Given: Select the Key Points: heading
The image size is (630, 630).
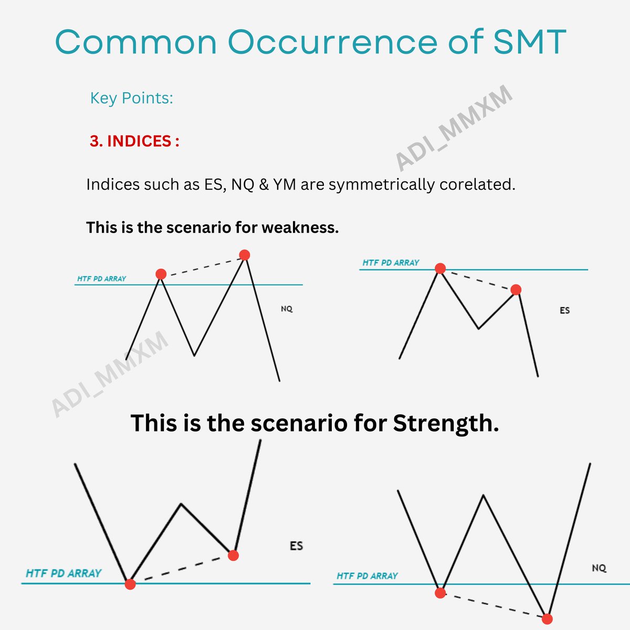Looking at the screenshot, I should point(131,98).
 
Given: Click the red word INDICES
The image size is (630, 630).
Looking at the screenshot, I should point(139,141).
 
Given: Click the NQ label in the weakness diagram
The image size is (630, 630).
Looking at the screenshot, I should point(287,309).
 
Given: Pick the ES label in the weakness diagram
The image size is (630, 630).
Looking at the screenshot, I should point(564,310).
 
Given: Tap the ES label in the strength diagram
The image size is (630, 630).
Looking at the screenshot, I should point(296,546).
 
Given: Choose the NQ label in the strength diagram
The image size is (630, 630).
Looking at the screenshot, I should point(599,568).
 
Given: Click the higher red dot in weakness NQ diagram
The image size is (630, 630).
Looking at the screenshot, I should point(245,255).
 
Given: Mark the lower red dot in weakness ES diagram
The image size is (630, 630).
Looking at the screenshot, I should point(516,290).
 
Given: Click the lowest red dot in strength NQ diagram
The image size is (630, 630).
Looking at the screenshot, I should point(547,619).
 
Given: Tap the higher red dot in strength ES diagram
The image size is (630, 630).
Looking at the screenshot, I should point(233,555).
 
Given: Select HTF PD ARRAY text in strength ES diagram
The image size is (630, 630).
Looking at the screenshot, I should point(64,573).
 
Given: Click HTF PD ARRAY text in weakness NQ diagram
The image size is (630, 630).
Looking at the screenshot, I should point(102,279).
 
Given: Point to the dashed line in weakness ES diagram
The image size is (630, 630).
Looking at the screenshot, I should point(478,279).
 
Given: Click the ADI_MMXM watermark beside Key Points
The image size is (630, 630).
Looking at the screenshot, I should point(453,129).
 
